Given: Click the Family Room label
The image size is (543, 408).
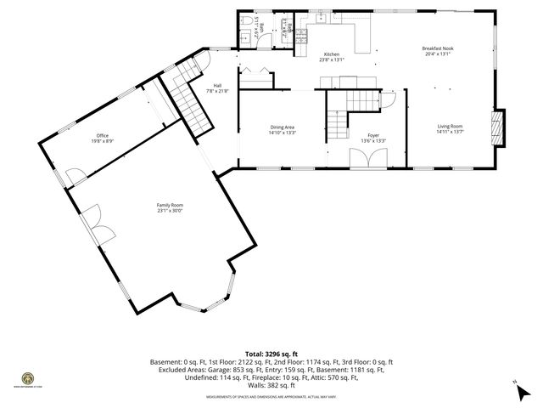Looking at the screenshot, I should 170,205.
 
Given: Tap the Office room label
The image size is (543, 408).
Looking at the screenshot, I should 102,135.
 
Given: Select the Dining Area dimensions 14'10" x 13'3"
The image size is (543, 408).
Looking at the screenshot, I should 283,133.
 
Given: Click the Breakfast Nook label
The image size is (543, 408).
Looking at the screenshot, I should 438,48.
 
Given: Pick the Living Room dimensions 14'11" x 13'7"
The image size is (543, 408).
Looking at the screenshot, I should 450,132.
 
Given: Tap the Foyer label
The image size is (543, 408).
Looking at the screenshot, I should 373,135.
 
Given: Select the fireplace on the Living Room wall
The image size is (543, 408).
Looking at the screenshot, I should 498,127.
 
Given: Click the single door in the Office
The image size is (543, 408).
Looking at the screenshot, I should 75,177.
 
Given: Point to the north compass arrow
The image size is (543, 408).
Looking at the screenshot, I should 518,388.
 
